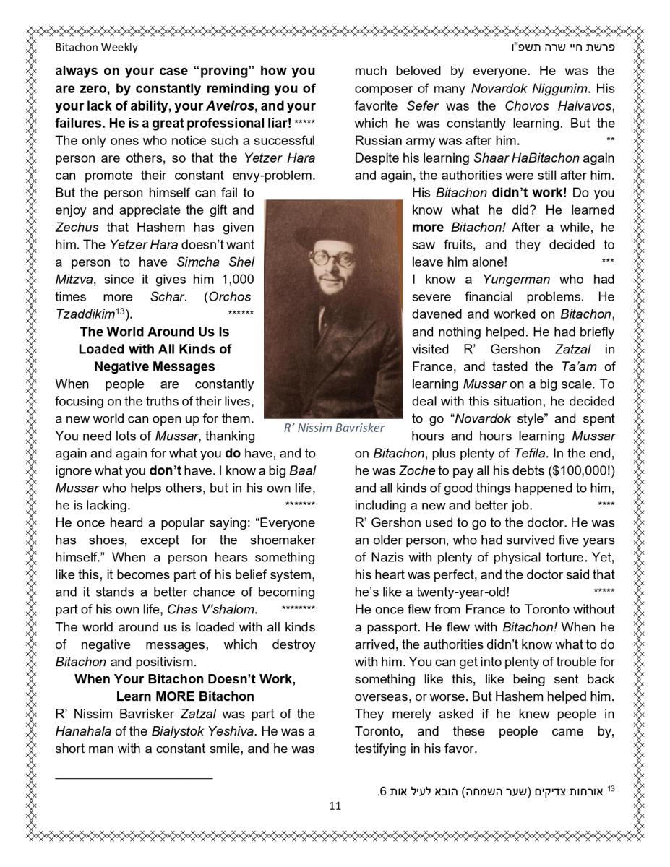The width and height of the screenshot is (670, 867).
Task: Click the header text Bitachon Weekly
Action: coord(96,48)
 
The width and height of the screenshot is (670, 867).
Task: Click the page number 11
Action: coord(335,806)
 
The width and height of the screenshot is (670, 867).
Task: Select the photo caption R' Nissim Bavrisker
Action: coord(334,428)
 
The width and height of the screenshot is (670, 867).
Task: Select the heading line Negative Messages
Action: coord(154,366)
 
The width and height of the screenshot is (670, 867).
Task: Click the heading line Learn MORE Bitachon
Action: coord(185,696)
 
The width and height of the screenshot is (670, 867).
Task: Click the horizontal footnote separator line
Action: coord(134,778)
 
